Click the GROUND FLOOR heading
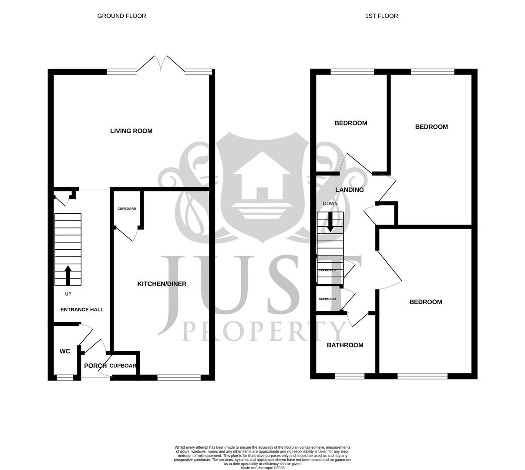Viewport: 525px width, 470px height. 121,16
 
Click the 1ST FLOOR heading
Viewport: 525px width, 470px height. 381,16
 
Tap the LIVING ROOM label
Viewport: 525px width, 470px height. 131,131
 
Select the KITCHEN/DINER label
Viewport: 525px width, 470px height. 162,284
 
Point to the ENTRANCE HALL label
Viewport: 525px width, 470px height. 82,310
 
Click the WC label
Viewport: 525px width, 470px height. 65,352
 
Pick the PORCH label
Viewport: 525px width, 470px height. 95,366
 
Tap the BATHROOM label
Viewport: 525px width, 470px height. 345,346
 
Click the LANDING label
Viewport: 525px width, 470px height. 350,190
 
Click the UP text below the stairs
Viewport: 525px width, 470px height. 68,294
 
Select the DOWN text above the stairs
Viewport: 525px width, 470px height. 330,204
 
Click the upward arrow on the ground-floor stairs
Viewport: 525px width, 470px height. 67,275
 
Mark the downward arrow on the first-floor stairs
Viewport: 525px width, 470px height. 330,222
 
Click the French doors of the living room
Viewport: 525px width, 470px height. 161,65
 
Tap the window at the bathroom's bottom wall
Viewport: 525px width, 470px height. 350,376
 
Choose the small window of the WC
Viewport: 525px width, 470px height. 65,378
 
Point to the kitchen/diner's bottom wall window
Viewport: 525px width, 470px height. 179,377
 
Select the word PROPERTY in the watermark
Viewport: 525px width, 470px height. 264,332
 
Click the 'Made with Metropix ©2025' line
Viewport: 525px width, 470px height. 262,468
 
